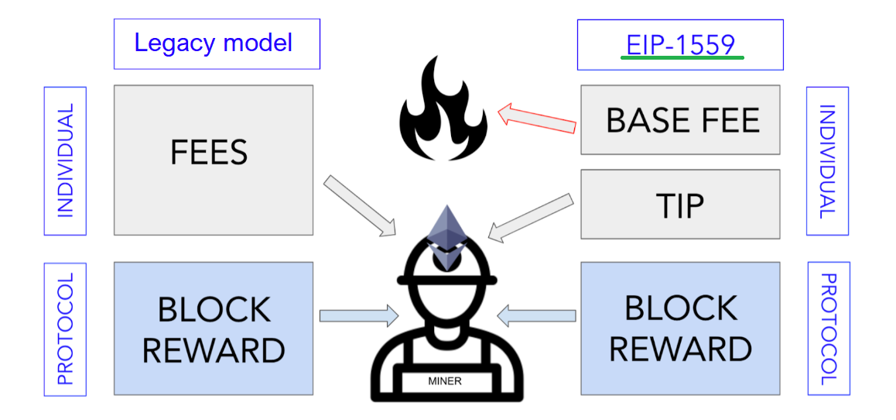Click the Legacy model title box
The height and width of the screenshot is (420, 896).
[x=216, y=43]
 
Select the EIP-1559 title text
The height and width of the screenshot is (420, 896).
[x=680, y=44]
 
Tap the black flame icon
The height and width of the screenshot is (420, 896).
[x=442, y=112]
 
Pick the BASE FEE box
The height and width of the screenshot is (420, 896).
[x=680, y=120]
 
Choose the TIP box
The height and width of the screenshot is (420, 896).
[x=680, y=205]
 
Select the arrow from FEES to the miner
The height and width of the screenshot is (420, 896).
[x=360, y=205]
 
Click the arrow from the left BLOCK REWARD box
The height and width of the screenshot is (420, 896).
[x=358, y=315]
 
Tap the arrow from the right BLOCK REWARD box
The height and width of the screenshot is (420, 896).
[x=537, y=315]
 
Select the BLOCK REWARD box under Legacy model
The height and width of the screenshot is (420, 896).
[x=213, y=329]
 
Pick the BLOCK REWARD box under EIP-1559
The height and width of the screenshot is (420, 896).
[x=680, y=329]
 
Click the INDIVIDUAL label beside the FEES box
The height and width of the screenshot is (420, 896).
[x=66, y=160]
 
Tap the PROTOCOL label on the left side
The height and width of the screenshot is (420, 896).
[x=66, y=329]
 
